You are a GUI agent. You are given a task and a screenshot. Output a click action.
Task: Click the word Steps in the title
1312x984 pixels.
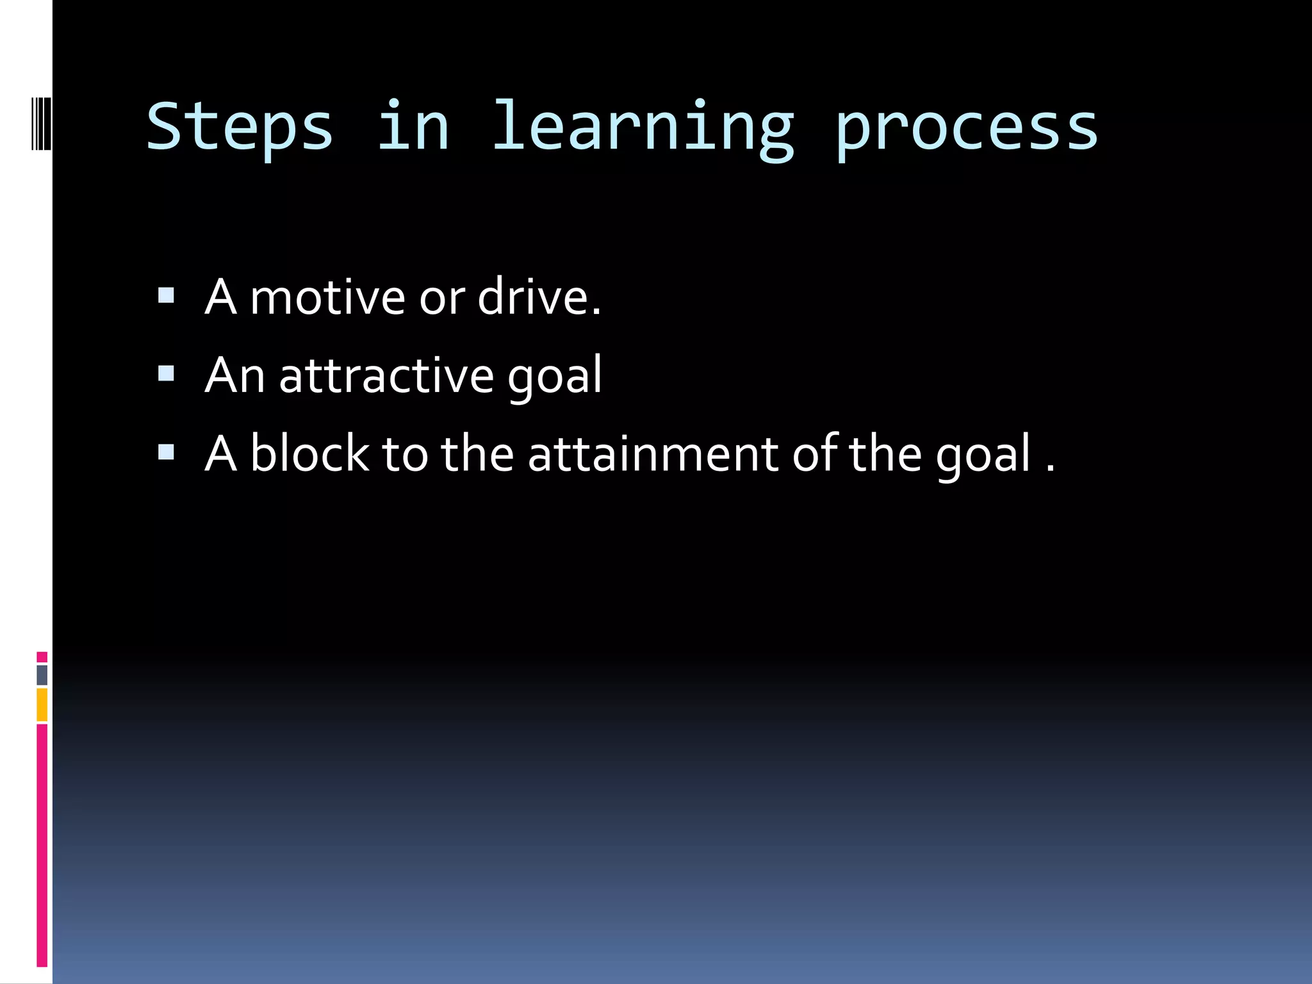(240, 127)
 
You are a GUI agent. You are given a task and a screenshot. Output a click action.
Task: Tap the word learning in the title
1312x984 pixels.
(643, 127)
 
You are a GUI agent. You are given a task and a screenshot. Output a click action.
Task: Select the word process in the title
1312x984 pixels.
(966, 128)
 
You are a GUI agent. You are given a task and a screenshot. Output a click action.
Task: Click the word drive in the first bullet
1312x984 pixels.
(534, 298)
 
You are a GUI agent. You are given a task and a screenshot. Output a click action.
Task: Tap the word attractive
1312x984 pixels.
(386, 376)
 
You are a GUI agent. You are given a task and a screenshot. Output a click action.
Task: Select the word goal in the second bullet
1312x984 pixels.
(555, 378)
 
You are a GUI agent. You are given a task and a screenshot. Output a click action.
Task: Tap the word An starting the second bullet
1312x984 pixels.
(234, 376)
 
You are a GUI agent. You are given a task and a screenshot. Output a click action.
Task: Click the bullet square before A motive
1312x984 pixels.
(166, 295)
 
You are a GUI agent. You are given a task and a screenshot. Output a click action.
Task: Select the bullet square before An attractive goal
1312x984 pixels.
(166, 373)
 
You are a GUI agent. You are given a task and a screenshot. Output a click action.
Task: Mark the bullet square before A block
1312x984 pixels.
(166, 452)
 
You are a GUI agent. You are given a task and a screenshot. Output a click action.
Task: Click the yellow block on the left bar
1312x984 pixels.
(42, 704)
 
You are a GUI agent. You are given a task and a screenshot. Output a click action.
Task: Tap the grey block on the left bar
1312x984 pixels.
(42, 675)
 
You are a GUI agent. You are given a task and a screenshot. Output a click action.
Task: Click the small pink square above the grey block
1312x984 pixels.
(42, 657)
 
